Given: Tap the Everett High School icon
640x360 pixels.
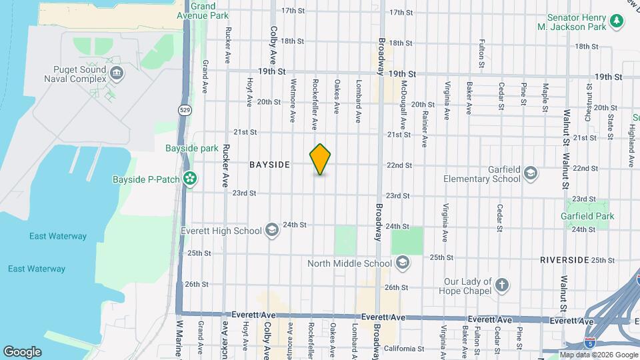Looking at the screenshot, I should [x=271, y=231].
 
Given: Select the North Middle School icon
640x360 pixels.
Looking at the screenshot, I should [x=402, y=263].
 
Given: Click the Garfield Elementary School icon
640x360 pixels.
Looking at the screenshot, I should [x=530, y=173].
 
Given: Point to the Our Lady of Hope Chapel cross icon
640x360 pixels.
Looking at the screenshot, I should [x=502, y=285].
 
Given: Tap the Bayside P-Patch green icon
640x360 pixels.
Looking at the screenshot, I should [x=191, y=179].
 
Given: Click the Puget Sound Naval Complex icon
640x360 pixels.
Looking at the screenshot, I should [x=117, y=73].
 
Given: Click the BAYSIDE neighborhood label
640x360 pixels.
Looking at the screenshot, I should [x=269, y=165].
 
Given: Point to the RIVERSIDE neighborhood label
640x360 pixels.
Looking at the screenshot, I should [x=564, y=259].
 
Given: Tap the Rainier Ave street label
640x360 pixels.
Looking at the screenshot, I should [x=424, y=128].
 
